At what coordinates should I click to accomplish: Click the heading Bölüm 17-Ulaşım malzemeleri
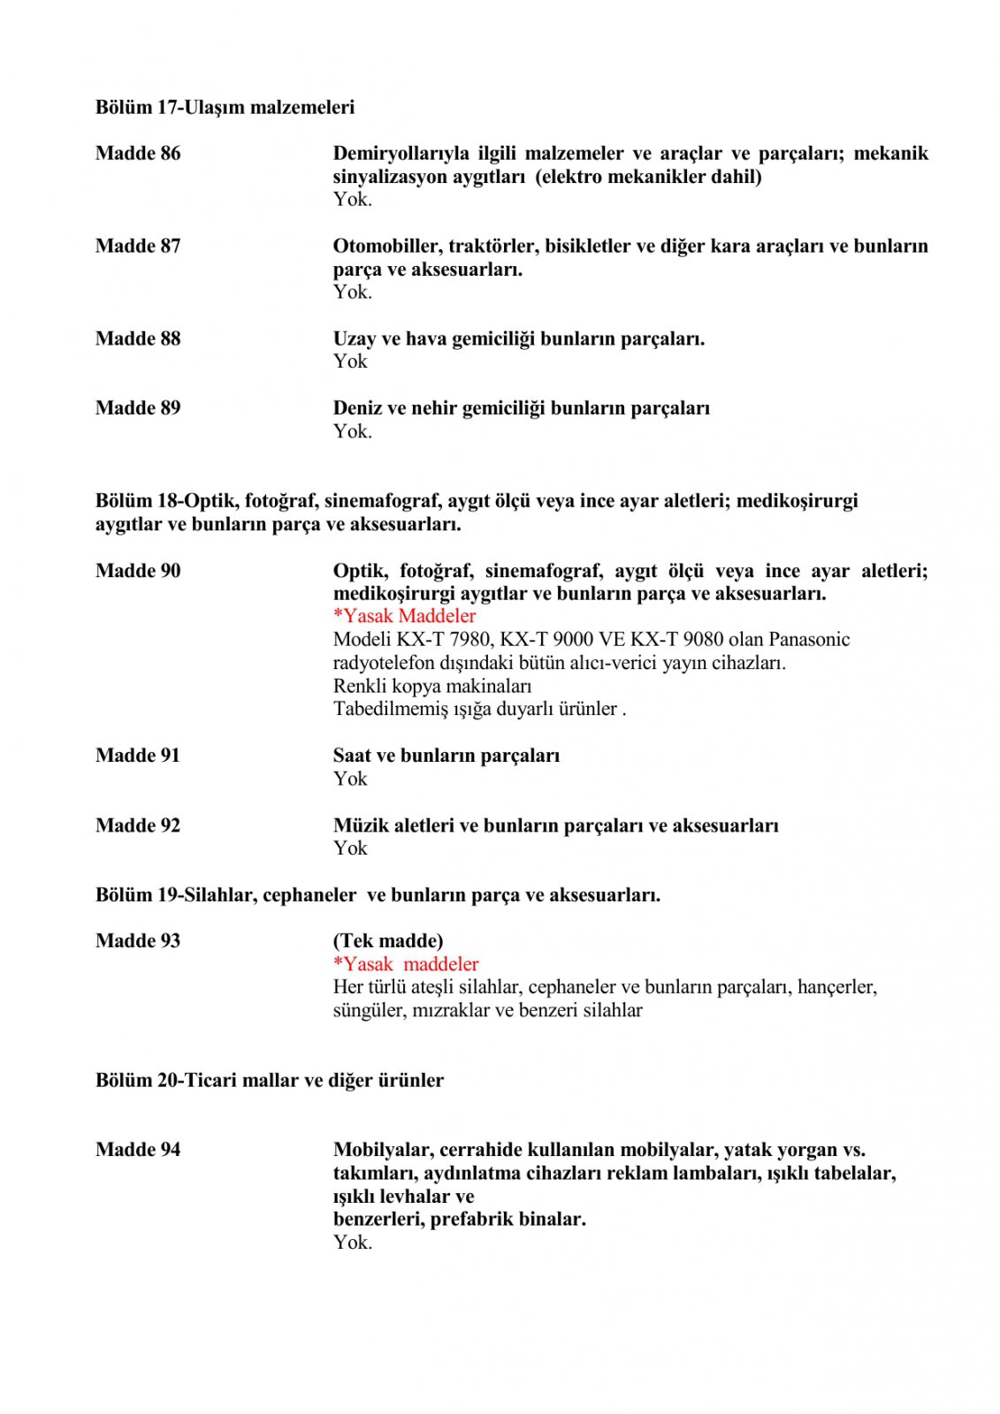(225, 107)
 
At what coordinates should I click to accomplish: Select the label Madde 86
(138, 153)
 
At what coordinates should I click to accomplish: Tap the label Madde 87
(138, 246)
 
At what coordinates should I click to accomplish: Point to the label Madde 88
(138, 338)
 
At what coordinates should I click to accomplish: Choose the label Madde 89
(138, 407)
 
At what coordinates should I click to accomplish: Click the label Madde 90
(138, 570)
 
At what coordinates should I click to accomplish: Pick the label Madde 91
(138, 755)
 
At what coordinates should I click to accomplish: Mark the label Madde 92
(138, 825)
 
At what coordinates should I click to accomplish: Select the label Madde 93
(138, 940)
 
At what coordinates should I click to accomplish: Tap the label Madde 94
(138, 1149)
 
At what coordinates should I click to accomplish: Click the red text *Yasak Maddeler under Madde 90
(404, 616)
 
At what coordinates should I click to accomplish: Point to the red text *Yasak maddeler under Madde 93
(406, 963)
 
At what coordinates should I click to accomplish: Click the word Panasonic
(809, 639)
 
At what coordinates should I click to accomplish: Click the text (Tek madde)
(388, 940)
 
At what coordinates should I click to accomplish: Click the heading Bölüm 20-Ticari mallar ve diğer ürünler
(270, 1080)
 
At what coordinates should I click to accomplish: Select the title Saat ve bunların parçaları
(447, 755)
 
